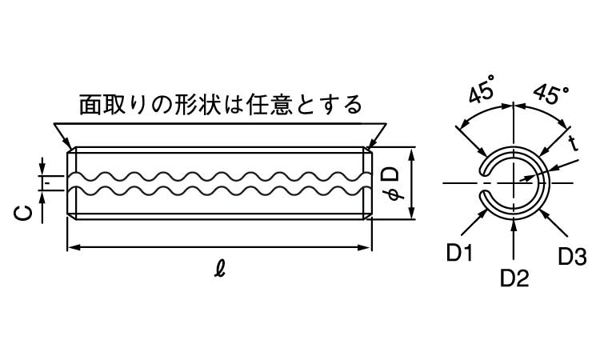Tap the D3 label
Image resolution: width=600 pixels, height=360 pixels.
[572, 257]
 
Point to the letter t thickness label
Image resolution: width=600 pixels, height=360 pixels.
[573, 143]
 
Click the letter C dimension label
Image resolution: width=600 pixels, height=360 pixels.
[24, 211]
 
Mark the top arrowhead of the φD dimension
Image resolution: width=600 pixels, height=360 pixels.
[411, 153]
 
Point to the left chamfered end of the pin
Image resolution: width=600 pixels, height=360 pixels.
[72, 183]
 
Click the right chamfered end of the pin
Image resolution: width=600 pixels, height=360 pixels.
[370, 183]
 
